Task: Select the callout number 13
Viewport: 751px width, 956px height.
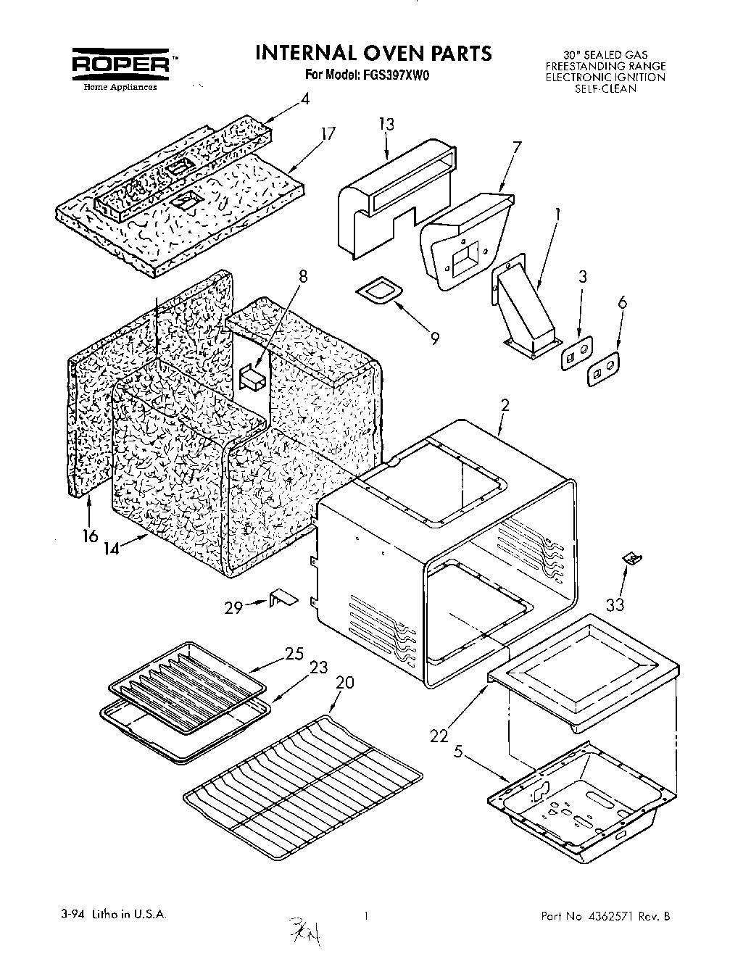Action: point(386,124)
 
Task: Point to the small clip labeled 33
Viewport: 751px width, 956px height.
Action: point(631,557)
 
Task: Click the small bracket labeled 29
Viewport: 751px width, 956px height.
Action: point(283,598)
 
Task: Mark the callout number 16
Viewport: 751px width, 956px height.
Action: point(89,536)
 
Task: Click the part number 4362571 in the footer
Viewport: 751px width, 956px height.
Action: point(613,916)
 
